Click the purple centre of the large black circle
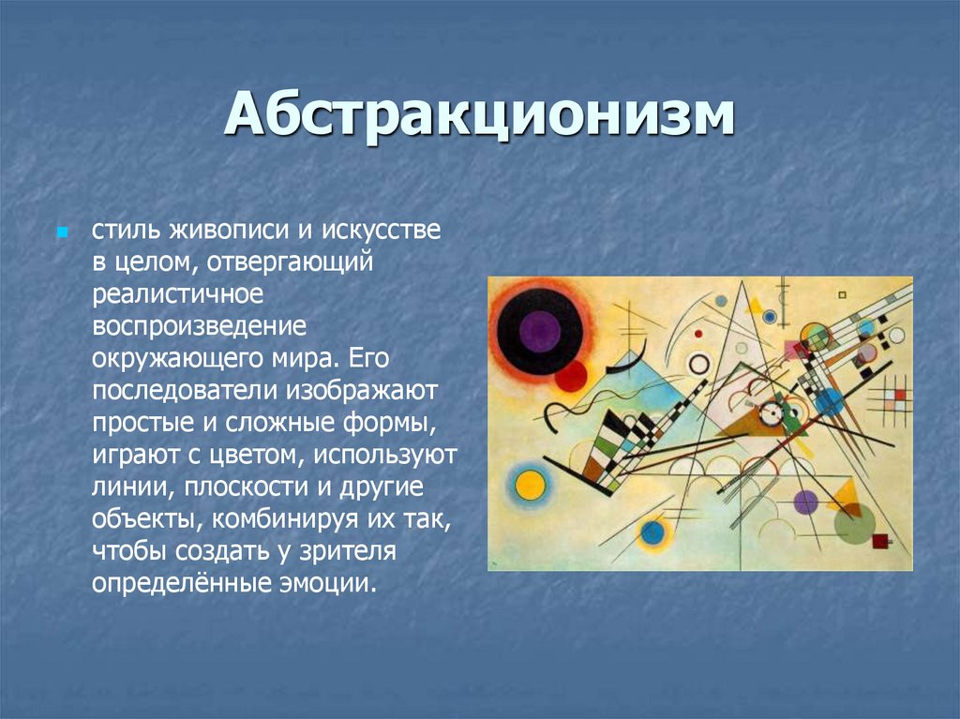point(539,330)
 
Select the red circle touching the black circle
point(570,376)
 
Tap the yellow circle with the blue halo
point(531,485)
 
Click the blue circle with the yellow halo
point(652,533)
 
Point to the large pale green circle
point(854,524)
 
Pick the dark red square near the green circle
point(879,540)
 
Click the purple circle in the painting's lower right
point(806,502)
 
